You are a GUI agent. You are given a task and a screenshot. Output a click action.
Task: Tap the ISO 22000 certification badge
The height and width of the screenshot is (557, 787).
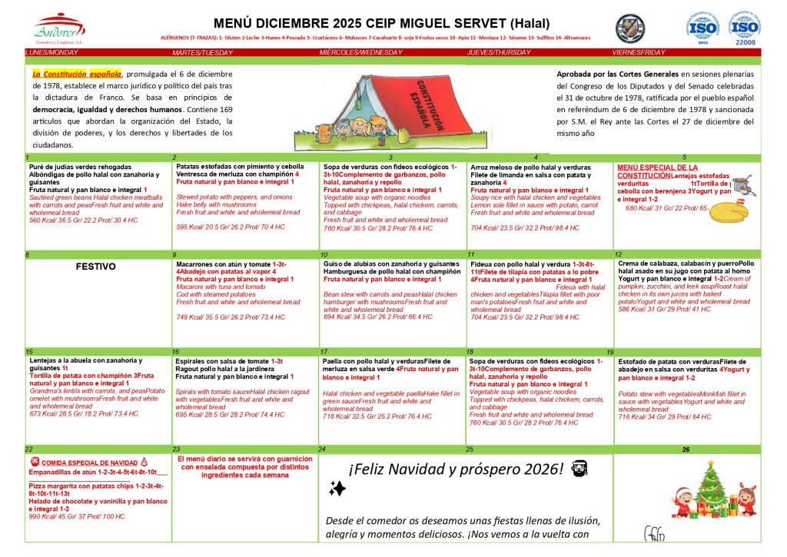(745, 28)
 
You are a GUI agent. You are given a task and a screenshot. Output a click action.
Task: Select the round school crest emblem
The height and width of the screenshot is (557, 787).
(630, 28)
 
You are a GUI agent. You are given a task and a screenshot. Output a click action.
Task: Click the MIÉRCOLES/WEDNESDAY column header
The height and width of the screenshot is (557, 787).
(361, 52)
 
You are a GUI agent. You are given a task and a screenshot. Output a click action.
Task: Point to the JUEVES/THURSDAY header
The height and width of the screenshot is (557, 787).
(499, 52)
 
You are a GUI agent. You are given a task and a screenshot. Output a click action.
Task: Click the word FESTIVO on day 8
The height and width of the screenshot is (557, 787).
(96, 267)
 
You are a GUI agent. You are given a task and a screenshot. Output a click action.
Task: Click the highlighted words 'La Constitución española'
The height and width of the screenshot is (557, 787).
(77, 74)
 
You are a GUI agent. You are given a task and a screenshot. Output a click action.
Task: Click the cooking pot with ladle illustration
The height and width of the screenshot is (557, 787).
(741, 184)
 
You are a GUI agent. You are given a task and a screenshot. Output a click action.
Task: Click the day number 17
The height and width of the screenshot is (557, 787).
(324, 352)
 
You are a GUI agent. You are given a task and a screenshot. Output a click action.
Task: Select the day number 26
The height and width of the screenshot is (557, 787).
(686, 449)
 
